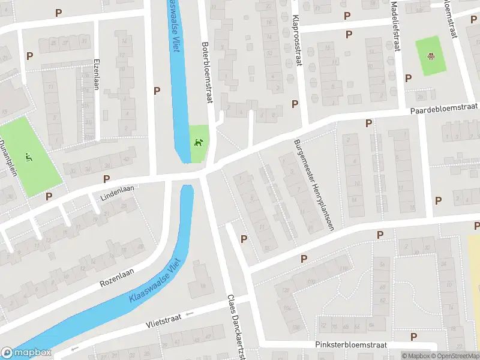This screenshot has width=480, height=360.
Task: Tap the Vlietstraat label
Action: pyautogui.click(x=165, y=321)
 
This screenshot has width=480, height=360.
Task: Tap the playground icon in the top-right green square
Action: pyautogui.click(x=431, y=56)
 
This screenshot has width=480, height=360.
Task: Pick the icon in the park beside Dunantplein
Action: pyautogui.click(x=29, y=157)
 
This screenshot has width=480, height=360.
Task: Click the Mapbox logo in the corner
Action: pyautogui.click(x=26, y=353)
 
